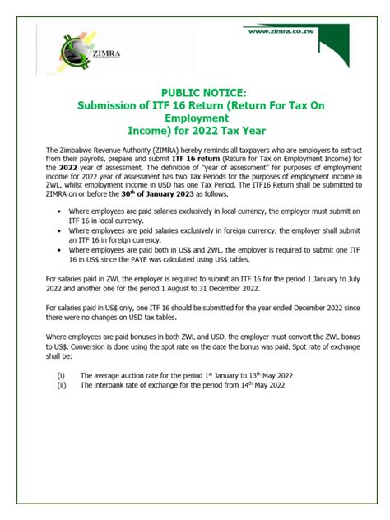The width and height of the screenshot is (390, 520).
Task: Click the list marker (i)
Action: click(60, 374)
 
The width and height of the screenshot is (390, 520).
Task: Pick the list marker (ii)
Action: click(61, 384)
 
